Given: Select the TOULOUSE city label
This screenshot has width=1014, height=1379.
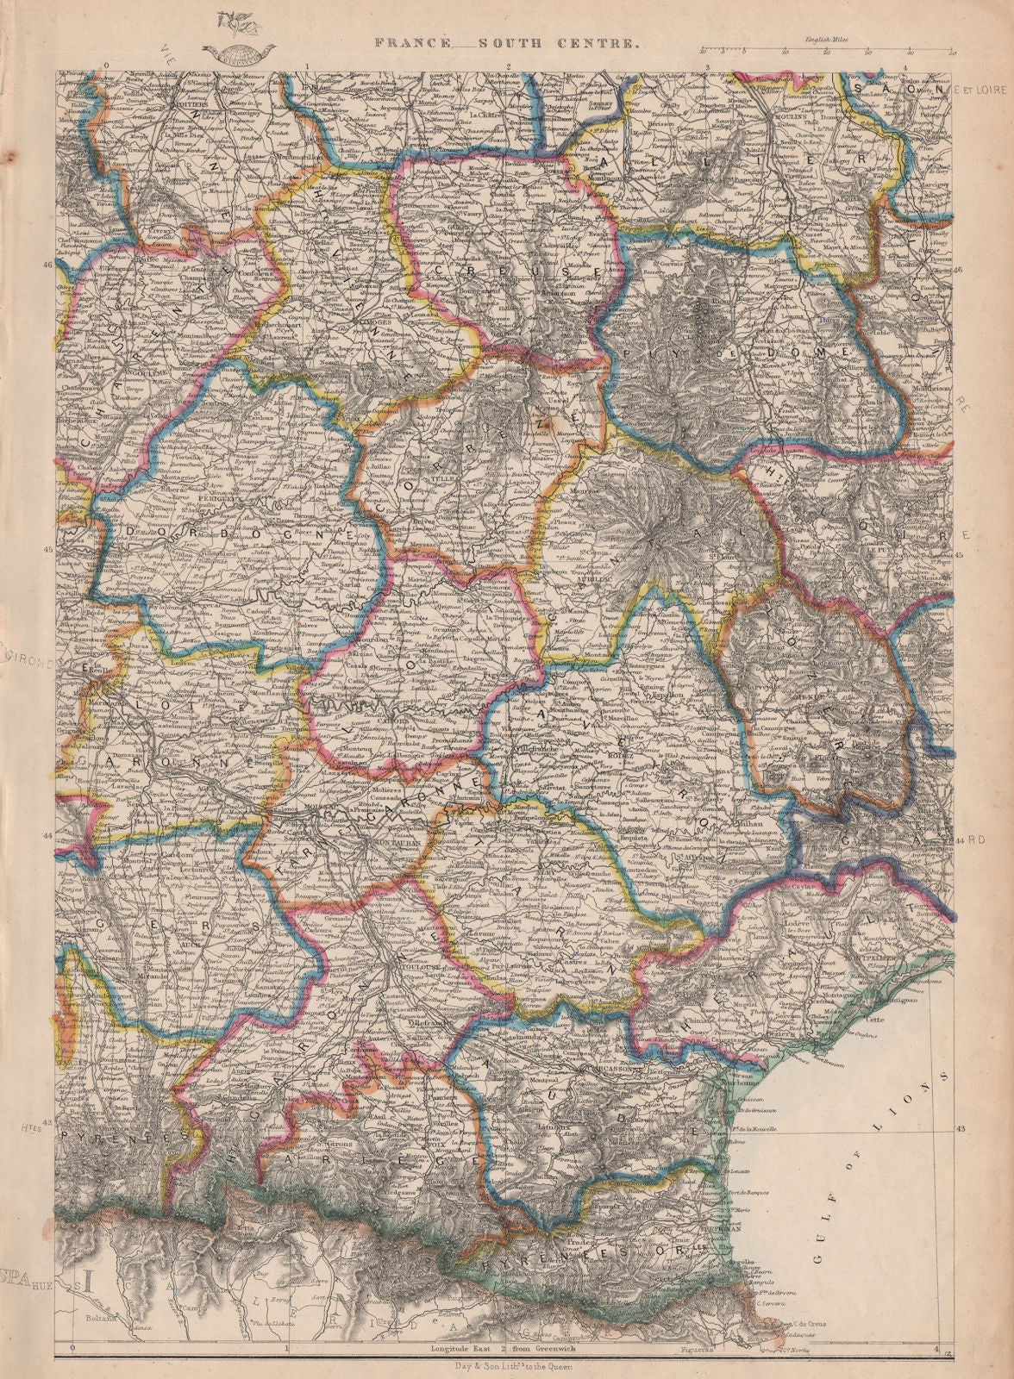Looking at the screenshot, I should pos(400,970).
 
